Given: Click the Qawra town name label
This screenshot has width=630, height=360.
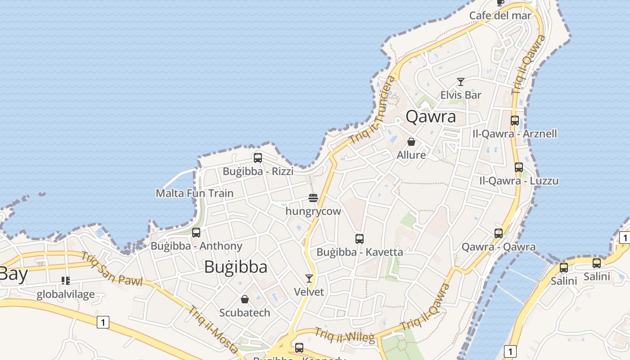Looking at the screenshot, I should click(431, 117).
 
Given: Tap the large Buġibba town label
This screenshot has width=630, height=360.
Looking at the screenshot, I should click(235, 267).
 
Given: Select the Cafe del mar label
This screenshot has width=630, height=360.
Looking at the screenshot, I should click(500, 16).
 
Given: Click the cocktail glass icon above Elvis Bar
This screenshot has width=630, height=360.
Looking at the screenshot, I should click(460, 82).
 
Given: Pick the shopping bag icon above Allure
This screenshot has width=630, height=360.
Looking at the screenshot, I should click(411, 142).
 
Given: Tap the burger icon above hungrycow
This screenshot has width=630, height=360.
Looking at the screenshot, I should click(313, 198).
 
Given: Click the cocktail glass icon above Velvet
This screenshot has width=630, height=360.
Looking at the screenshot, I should click(309, 279).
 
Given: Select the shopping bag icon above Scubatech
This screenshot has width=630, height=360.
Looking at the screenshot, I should click(245, 299).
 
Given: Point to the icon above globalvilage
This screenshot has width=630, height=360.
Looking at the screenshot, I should click(66, 281).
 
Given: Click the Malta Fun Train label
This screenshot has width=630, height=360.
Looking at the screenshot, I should click(194, 193).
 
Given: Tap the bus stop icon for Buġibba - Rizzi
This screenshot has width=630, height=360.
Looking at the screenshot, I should click(258, 158).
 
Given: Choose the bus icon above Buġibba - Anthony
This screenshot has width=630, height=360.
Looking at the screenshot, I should click(196, 233).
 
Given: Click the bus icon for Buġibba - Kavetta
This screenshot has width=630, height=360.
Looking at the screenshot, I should click(359, 238).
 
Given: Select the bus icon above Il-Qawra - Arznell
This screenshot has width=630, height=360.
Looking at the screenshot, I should click(515, 121).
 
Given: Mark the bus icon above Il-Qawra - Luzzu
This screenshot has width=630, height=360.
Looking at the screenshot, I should click(519, 167).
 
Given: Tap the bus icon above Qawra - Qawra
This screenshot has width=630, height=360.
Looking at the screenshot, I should click(499, 233).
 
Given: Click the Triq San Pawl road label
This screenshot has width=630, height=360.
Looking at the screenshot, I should click(112, 269).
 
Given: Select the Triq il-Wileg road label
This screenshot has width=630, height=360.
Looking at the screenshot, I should click(344, 335).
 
